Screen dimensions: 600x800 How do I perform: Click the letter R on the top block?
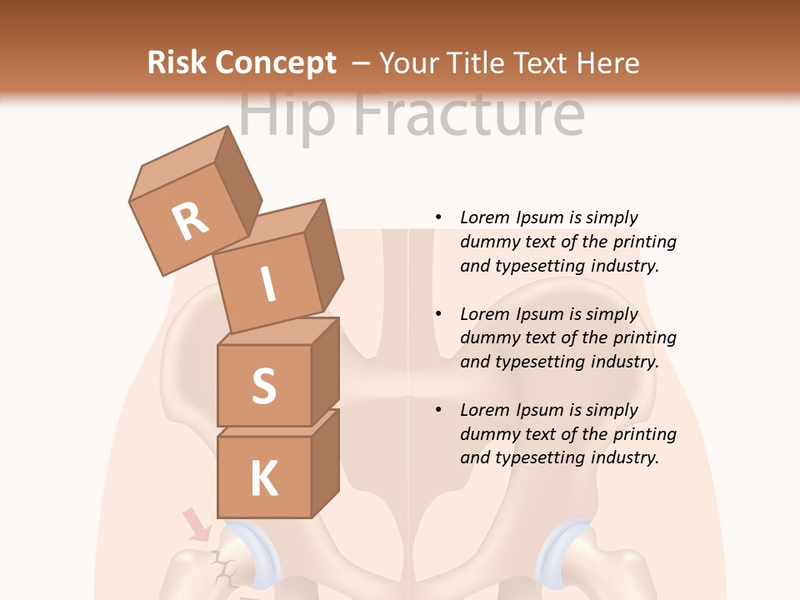pyautogui.click(x=190, y=221)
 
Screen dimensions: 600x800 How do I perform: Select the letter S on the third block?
pyautogui.click(x=263, y=386)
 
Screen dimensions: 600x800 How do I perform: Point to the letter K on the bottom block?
pyautogui.click(x=263, y=479)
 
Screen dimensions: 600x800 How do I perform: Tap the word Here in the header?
pyautogui.click(x=607, y=63)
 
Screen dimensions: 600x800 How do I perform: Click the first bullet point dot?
pyautogui.click(x=438, y=217)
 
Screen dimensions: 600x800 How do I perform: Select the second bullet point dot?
pyautogui.click(x=438, y=314)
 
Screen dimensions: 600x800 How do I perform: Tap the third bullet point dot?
pyautogui.click(x=438, y=410)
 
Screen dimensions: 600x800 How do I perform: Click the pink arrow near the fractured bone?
pyautogui.click(x=197, y=526)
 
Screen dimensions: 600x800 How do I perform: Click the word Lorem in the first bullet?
pyautogui.click(x=484, y=217)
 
